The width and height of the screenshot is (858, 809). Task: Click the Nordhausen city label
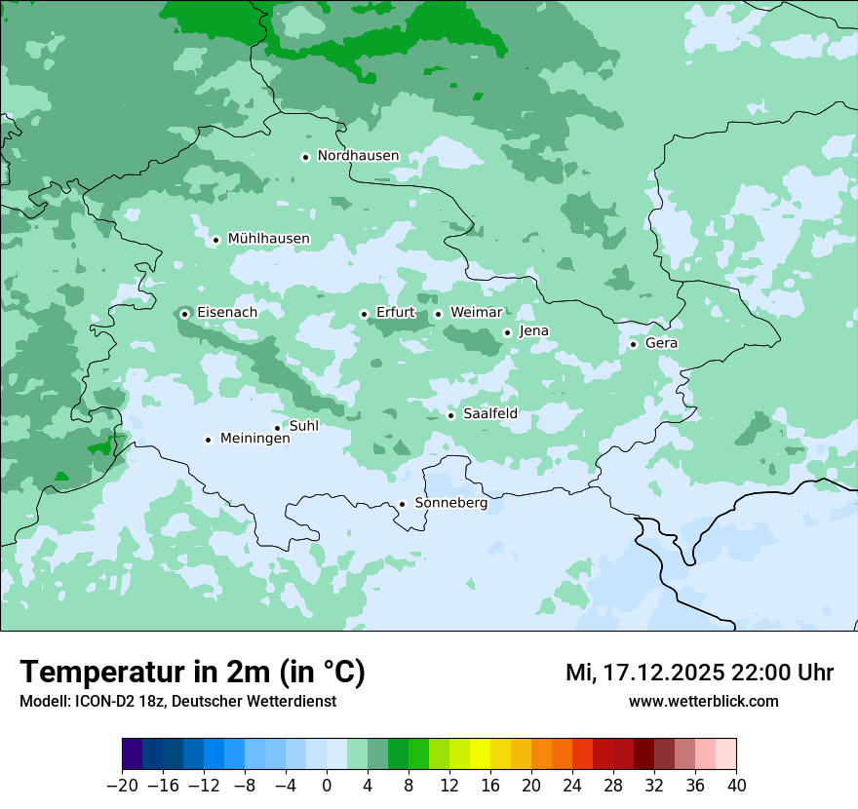[x=358, y=156]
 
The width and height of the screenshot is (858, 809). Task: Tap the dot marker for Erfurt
[x=364, y=314]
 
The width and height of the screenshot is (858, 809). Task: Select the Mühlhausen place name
[x=268, y=239]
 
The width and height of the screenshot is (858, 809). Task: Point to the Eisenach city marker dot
[x=184, y=314]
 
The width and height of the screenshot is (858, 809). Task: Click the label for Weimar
[x=476, y=313]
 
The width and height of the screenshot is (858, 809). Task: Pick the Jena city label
[x=533, y=331]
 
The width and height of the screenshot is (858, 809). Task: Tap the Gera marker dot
[x=633, y=344]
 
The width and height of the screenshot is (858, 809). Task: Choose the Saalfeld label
[x=489, y=414]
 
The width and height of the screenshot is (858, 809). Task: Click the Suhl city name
[x=304, y=426]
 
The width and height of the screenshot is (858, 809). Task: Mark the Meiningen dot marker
[x=208, y=440]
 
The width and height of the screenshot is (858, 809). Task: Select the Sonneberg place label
[x=450, y=503]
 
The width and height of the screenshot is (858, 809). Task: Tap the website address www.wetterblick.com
[x=703, y=702]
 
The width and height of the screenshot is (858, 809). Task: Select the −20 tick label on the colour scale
[x=123, y=786]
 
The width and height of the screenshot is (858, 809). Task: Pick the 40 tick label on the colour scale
[x=736, y=786]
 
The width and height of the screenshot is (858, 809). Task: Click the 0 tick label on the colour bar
[x=327, y=786]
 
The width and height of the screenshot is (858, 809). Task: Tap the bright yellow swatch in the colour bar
[x=480, y=754]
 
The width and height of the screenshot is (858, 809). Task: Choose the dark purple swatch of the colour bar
[x=133, y=754]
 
